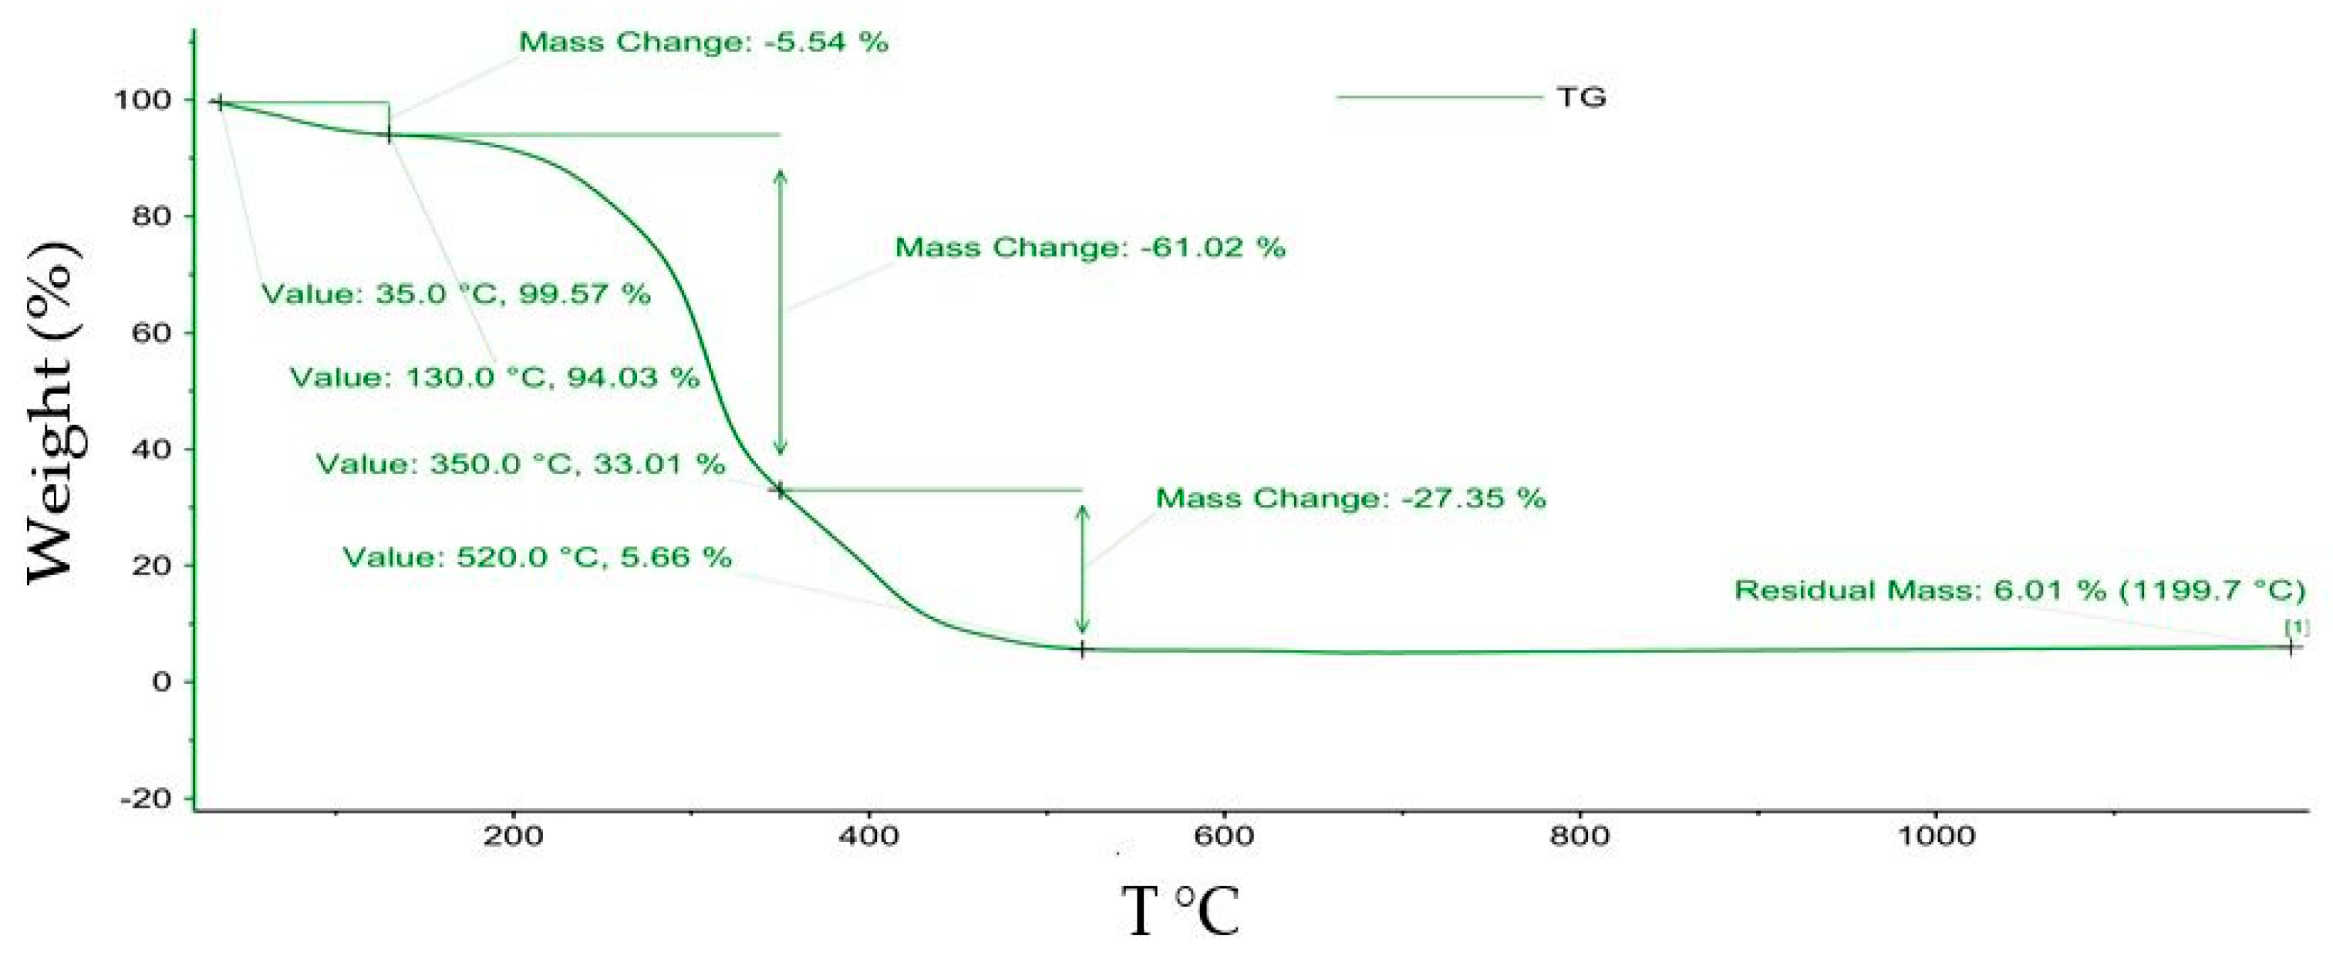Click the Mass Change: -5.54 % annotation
(703, 42)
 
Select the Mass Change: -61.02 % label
(1090, 247)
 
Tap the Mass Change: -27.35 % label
(1350, 498)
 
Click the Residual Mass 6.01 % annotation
(2020, 591)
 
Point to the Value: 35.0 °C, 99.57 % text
(456, 295)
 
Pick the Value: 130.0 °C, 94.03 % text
(494, 377)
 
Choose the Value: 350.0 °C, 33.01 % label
(521, 464)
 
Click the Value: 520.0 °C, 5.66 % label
(537, 557)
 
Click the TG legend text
(1581, 97)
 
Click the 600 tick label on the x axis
(1223, 835)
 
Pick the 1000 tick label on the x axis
(1935, 835)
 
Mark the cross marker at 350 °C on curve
(780, 490)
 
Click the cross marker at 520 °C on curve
(1082, 649)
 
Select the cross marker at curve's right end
(2291, 648)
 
